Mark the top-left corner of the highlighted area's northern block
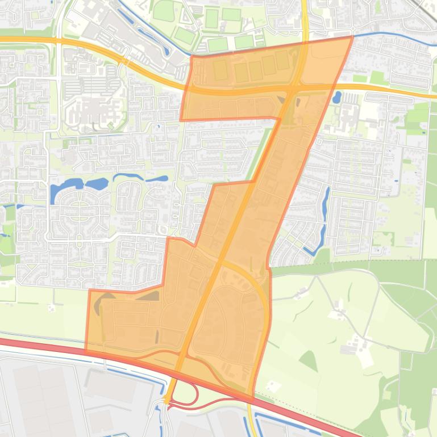click(x=191, y=56)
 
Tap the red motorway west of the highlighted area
click(x=40, y=345)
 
